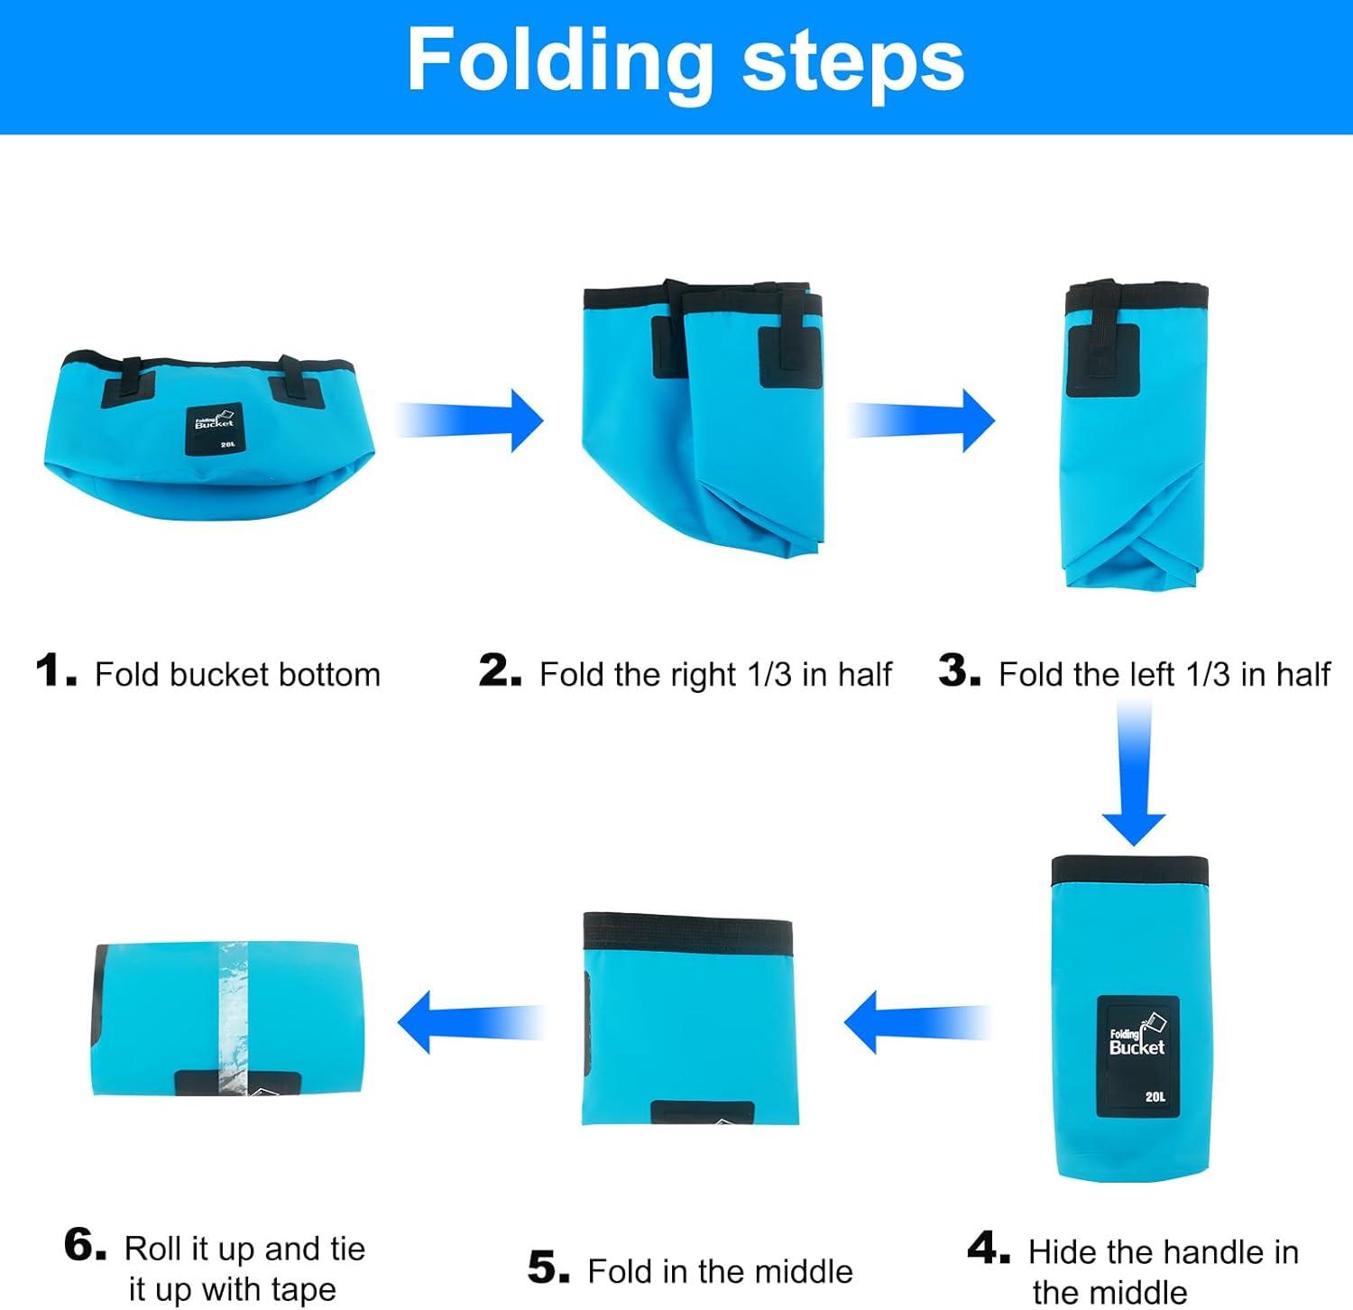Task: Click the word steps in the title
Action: click(x=853, y=61)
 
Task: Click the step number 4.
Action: click(x=989, y=1248)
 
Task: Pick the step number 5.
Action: click(x=548, y=1268)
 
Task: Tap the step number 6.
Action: click(x=86, y=1245)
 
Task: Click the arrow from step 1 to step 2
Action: click(x=470, y=420)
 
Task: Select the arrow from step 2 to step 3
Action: click(x=920, y=420)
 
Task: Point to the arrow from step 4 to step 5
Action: click(x=917, y=1022)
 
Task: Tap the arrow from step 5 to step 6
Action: click(x=471, y=1022)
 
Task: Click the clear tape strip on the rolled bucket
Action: click(x=233, y=1019)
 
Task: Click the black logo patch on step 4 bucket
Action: click(x=1138, y=1056)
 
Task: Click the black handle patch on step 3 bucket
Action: click(x=1102, y=359)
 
